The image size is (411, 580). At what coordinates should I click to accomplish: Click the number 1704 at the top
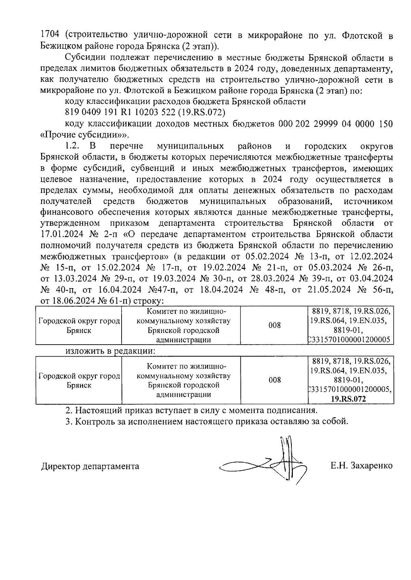[50, 35]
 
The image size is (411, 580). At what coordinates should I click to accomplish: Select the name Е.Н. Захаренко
[361, 466]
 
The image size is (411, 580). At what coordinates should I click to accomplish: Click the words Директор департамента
[90, 466]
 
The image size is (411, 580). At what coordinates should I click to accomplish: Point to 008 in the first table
[274, 325]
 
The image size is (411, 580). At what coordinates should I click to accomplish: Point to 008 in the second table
[274, 380]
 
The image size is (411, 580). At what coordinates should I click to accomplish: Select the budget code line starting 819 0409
[145, 113]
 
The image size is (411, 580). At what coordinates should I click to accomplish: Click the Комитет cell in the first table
[183, 325]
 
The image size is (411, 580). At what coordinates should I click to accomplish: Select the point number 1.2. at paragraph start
[72, 146]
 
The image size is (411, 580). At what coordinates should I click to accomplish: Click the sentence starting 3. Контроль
[207, 421]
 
